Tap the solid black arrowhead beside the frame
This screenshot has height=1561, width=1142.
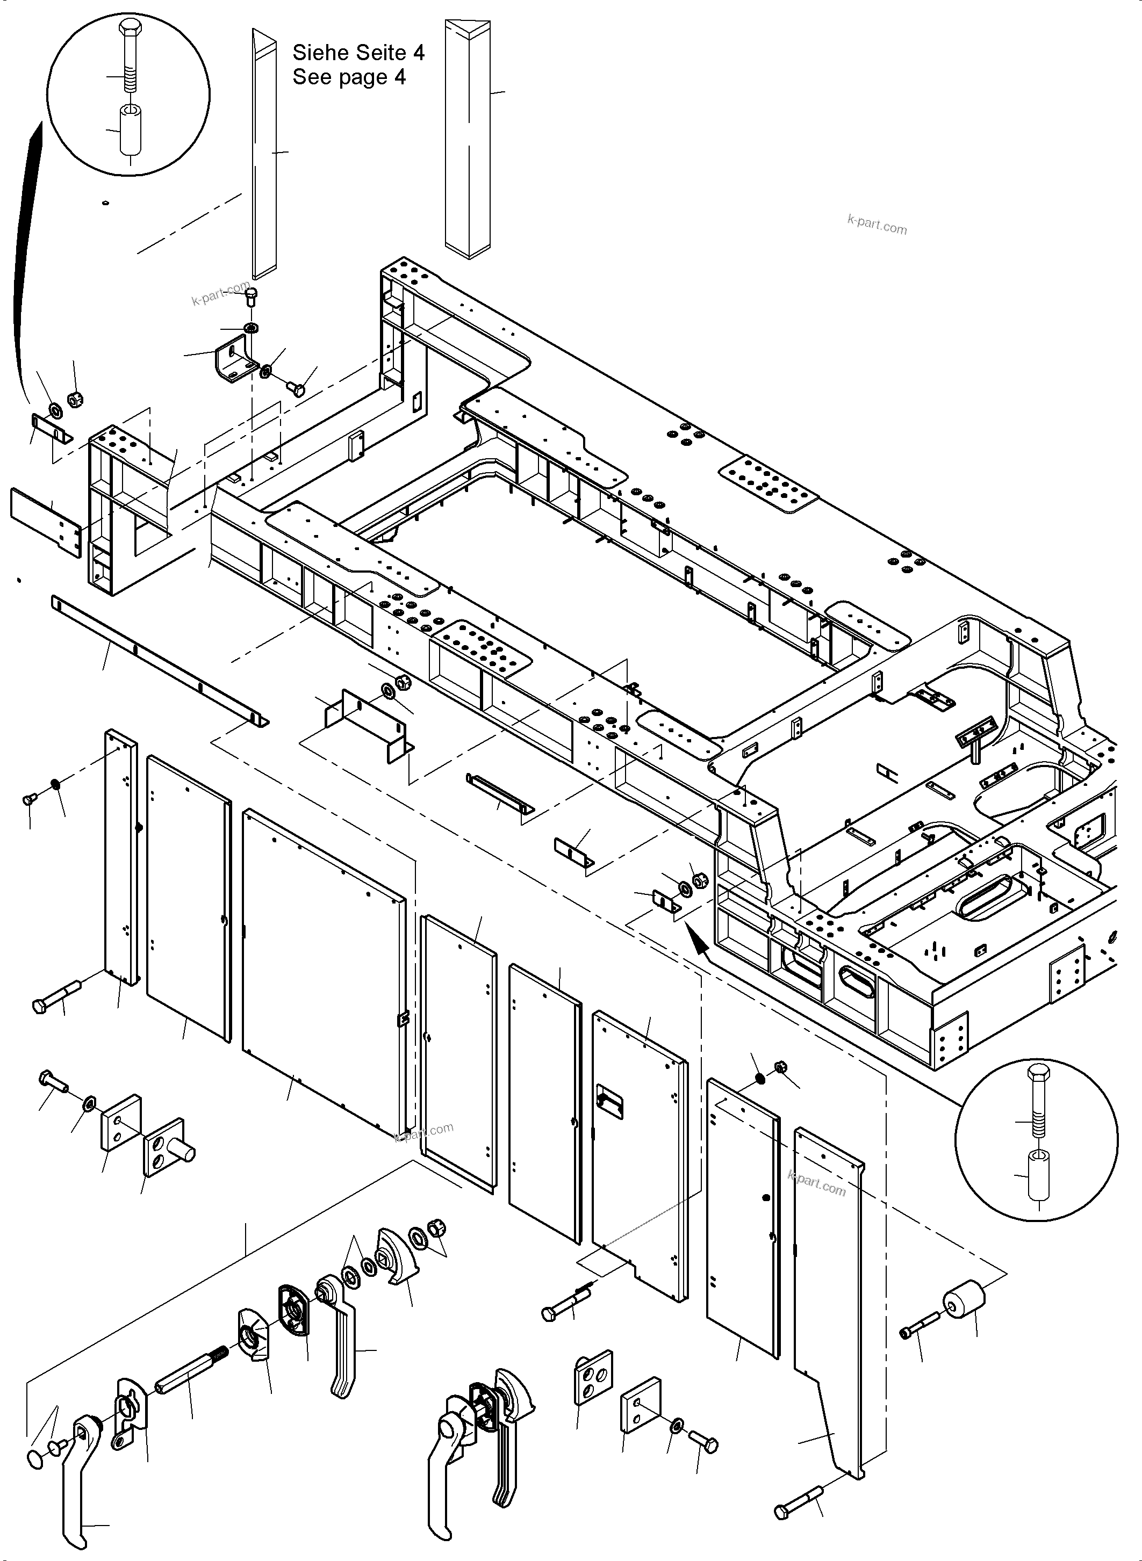699,941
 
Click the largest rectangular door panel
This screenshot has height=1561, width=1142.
324,975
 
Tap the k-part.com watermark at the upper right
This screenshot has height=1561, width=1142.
877,224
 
